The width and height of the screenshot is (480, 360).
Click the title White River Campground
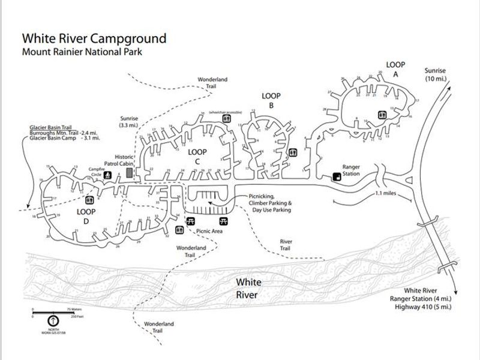[x=94, y=38]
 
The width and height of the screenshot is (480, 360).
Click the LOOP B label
[x=271, y=100]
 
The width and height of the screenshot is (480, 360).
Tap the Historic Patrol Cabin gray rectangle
[x=129, y=172]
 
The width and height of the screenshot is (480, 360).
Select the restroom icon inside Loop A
[x=382, y=115]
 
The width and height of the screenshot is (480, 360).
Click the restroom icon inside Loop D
[x=89, y=200]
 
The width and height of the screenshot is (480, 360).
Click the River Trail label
[x=286, y=245]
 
